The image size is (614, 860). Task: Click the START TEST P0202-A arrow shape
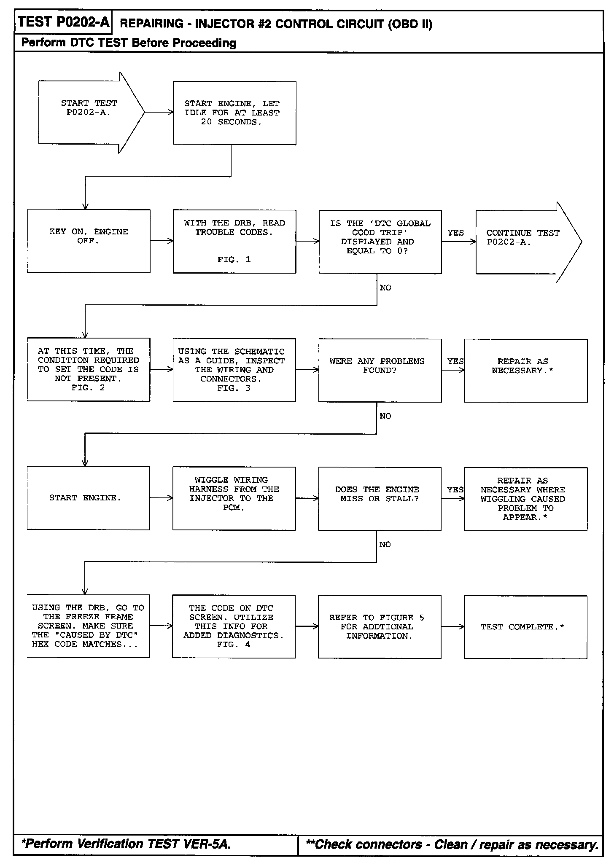coord(89,113)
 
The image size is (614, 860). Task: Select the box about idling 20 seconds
coord(234,113)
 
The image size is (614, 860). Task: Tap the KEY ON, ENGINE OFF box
coord(89,241)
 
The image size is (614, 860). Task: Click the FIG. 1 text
coord(234,260)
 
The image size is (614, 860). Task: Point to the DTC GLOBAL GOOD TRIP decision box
coord(380,242)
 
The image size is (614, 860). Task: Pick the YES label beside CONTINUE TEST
coord(455,233)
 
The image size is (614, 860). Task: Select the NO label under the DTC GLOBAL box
coord(385,288)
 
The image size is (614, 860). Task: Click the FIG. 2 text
coord(88,388)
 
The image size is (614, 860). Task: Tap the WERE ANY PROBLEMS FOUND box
coord(380,370)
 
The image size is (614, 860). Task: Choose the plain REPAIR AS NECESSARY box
coord(525,371)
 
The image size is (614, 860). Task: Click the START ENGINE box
coord(88,498)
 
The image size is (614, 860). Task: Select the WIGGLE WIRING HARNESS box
coord(234,498)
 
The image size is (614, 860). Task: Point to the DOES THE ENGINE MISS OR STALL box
coord(380,498)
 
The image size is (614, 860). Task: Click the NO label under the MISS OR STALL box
coord(385,545)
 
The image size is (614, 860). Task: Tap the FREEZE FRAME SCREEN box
coord(88,626)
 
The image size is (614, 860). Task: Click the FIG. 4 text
coord(234,645)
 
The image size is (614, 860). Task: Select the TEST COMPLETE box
coord(525,627)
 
